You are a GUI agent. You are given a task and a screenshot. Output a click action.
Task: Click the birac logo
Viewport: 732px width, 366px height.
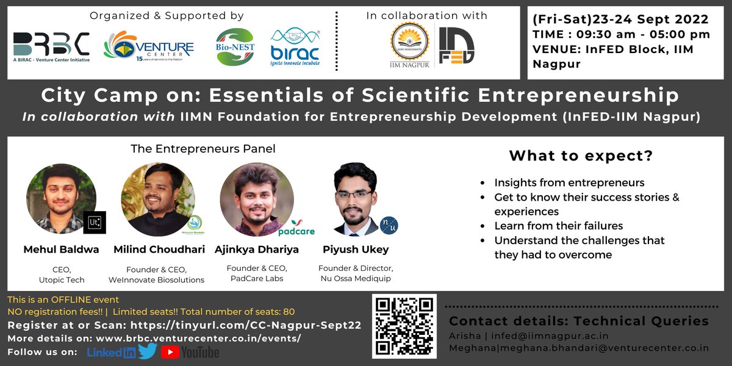click(295, 47)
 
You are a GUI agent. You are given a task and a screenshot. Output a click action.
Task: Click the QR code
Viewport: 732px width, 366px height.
click(404, 326)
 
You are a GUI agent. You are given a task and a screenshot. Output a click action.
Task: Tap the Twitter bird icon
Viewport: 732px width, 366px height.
click(148, 351)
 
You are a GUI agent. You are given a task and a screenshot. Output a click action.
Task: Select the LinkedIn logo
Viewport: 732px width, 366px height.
click(112, 352)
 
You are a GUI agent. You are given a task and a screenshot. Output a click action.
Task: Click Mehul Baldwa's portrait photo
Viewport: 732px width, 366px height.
click(60, 198)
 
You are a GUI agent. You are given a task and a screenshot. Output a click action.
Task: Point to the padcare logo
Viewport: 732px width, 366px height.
click(296, 229)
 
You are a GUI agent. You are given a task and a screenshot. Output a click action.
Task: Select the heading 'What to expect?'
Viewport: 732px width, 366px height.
click(581, 156)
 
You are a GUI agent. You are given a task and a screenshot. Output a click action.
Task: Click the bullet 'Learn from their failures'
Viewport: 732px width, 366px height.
click(558, 226)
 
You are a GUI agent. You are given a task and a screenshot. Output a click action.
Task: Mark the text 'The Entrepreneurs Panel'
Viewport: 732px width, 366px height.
click(203, 148)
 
